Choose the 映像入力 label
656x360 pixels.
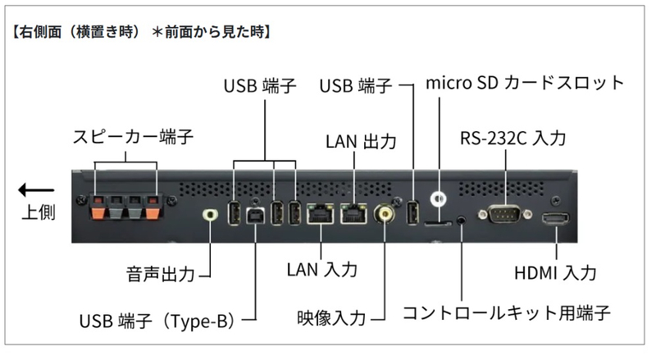pyautogui.click(x=332, y=315)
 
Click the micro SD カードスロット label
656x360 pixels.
pyautogui.click(x=526, y=83)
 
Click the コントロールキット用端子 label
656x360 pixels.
pyautogui.click(x=506, y=313)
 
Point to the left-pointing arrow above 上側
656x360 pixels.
pyautogui.click(x=37, y=190)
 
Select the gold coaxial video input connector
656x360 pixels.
pyautogui.click(x=383, y=214)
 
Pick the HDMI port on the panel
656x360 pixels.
pyautogui.click(x=557, y=219)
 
